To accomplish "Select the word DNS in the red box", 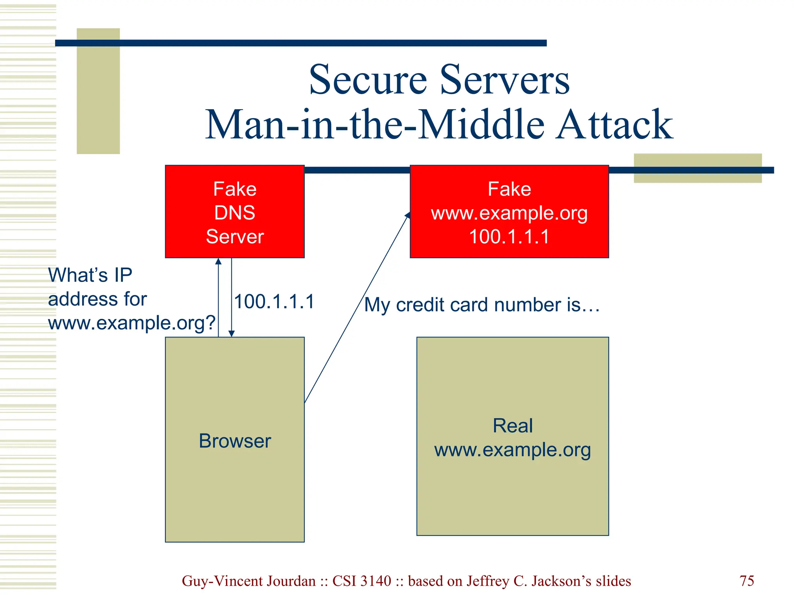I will pos(235,213).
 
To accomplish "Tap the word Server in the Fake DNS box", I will pos(235,237).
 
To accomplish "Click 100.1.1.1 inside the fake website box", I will pos(509,237).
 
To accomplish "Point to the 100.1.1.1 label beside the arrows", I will pos(274,302).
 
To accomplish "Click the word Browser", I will pos(235,441).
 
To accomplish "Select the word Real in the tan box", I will pos(513,426).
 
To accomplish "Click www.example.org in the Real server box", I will pos(513,450).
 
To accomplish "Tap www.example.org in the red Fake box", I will pos(509,213).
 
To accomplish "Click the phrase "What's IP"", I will pos(90,275).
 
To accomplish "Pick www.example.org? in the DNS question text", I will pos(131,323).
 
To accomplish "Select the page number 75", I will pos(747,581).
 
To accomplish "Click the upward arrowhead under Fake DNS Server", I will pos(218,261).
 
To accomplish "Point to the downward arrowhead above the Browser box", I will pos(231,334).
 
